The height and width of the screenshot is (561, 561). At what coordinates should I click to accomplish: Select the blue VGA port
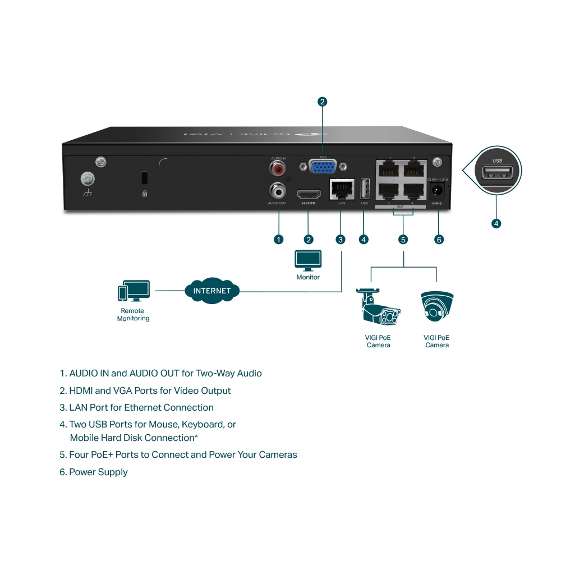[323, 167]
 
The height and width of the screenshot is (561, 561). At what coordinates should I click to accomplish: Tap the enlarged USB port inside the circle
[497, 172]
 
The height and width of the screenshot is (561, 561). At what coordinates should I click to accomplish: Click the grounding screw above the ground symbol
[88, 179]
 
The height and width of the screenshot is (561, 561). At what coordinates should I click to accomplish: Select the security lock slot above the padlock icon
[144, 178]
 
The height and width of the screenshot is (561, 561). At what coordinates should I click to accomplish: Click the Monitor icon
[308, 261]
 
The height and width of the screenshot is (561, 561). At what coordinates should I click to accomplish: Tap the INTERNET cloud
[211, 291]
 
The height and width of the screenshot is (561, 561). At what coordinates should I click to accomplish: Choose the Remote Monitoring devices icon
[133, 292]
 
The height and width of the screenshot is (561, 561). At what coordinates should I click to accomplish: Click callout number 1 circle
[278, 240]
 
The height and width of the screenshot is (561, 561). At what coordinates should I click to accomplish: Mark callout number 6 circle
[439, 240]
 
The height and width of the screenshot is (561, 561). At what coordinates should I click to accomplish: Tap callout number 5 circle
[403, 240]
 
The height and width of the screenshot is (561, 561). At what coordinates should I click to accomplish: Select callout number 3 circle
[341, 240]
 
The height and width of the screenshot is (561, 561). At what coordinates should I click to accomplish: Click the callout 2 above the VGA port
[322, 102]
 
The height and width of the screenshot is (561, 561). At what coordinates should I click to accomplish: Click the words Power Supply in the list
[98, 472]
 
